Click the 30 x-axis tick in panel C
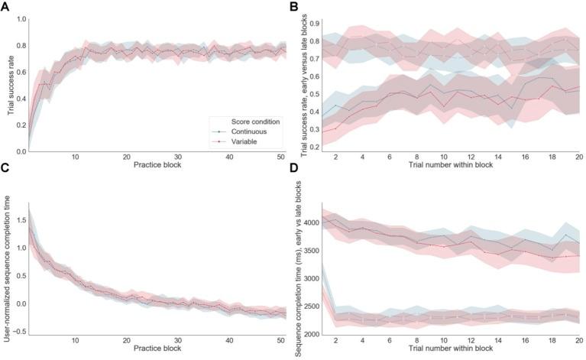pos(176,341)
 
